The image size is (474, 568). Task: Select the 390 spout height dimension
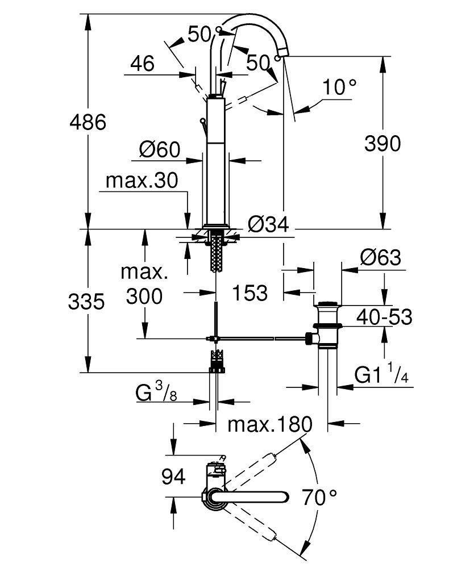382,143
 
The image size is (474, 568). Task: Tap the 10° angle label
339,87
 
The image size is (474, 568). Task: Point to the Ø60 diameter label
160,149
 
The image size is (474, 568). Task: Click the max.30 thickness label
142,181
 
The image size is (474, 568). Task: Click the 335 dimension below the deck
86,302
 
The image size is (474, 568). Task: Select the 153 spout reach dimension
250,293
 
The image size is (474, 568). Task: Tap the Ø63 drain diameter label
380,258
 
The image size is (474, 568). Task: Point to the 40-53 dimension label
384,317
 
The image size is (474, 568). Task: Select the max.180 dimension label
270,424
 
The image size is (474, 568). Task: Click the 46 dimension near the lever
142,63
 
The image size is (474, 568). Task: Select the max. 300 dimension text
144,284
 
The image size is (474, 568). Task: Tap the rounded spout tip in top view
285,496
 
